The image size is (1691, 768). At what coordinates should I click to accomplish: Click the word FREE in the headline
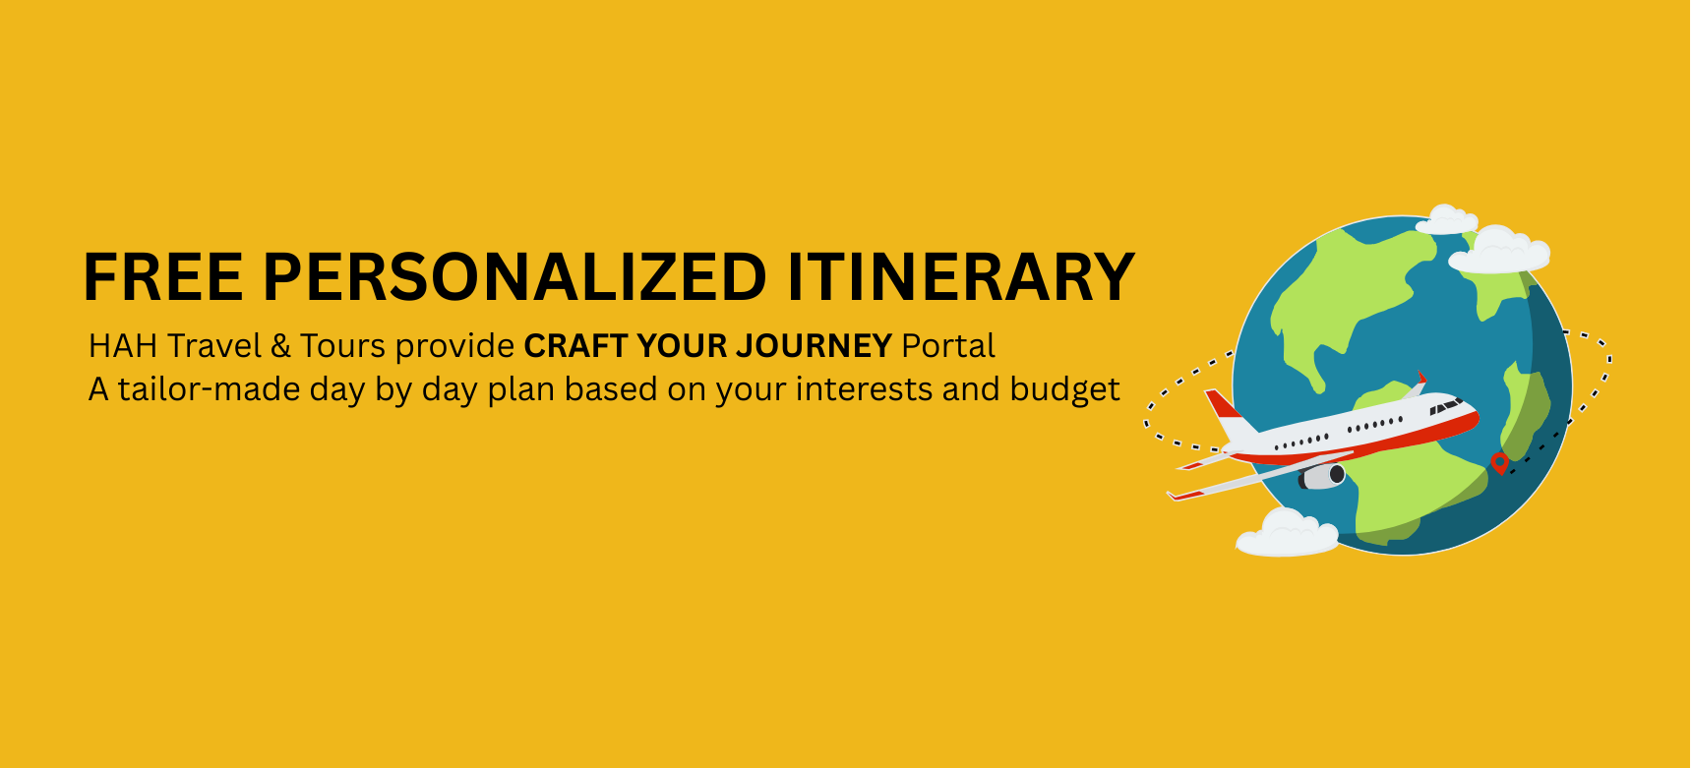pyautogui.click(x=163, y=276)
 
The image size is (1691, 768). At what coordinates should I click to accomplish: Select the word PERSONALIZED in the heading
pyautogui.click(x=515, y=276)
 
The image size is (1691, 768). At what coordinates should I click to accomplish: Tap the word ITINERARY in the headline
pyautogui.click(x=961, y=276)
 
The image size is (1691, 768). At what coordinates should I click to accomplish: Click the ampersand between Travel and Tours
pyautogui.click(x=280, y=346)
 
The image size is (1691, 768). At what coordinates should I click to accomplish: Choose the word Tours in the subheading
pyautogui.click(x=342, y=346)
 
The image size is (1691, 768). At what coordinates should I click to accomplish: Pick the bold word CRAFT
pyautogui.click(x=575, y=346)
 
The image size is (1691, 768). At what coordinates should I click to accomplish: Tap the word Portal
pyautogui.click(x=948, y=346)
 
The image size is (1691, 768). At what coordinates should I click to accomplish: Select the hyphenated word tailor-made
pyautogui.click(x=210, y=389)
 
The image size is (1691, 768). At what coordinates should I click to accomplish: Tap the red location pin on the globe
pyautogui.click(x=1499, y=462)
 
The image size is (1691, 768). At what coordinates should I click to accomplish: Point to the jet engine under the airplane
pyautogui.click(x=1321, y=477)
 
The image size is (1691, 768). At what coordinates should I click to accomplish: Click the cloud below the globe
pyautogui.click(x=1287, y=533)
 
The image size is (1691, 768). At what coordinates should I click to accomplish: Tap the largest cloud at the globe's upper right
pyautogui.click(x=1498, y=251)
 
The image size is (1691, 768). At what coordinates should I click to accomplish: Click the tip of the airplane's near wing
pyautogui.click(x=1170, y=495)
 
